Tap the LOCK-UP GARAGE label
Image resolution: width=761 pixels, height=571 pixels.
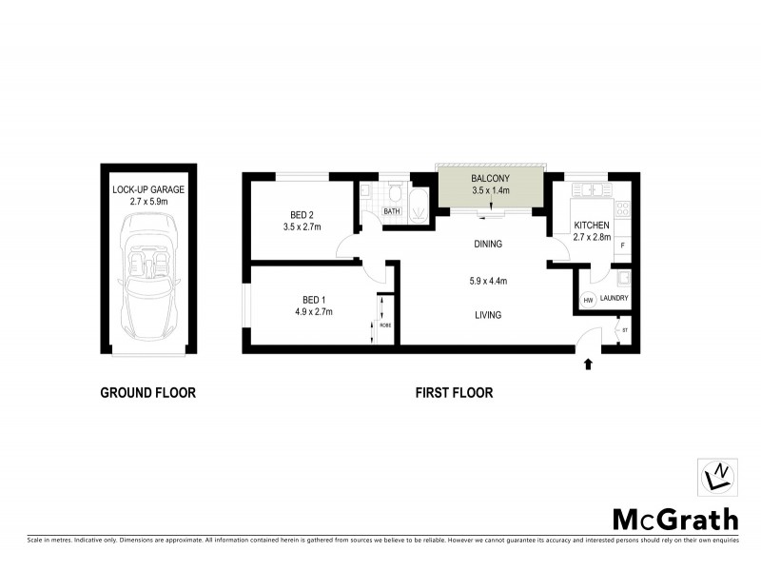[148, 189]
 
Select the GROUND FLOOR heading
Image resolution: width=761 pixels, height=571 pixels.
[148, 392]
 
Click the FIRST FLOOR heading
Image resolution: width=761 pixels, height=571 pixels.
[454, 392]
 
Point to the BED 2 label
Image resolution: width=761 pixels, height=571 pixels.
[303, 214]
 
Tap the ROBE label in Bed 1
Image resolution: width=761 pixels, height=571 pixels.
[385, 325]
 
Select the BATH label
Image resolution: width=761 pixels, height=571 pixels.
[391, 210]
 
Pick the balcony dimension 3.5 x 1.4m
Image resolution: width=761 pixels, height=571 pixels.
[491, 190]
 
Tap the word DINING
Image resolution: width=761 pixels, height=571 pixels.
[488, 245]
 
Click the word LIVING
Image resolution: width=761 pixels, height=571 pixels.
[488, 315]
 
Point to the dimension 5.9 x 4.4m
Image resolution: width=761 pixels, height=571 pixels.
[488, 281]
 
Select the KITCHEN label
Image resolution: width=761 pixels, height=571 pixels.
[591, 226]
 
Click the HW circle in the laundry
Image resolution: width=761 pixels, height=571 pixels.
[588, 301]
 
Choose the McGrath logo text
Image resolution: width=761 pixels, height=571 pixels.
[674, 520]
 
